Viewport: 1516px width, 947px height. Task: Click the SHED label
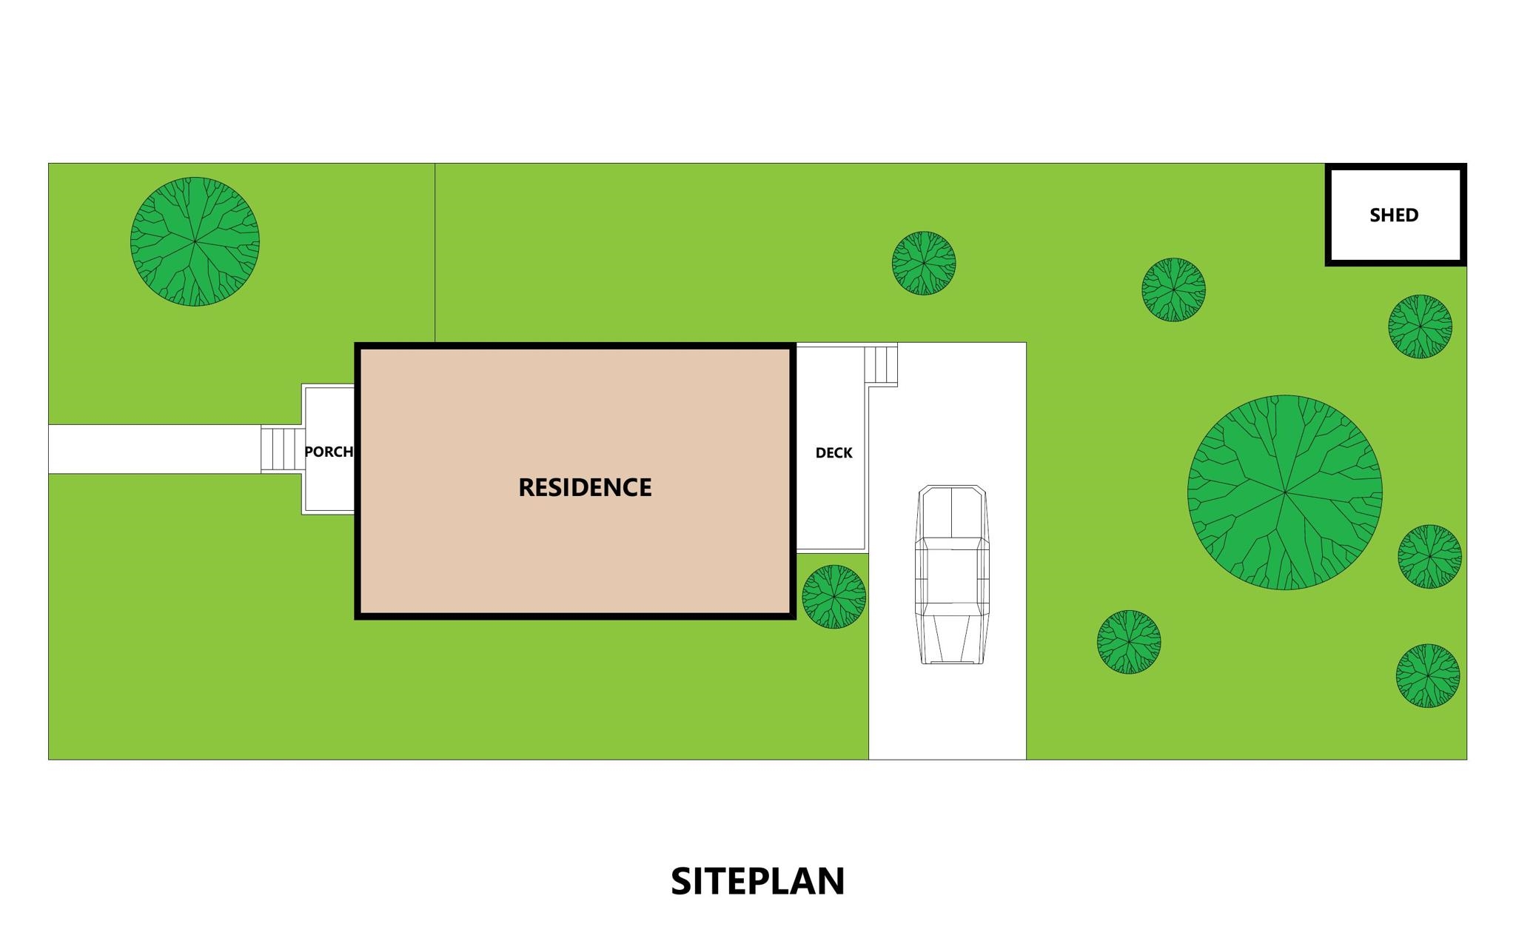[x=1394, y=215]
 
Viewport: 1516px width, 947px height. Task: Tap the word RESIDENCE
[x=585, y=487]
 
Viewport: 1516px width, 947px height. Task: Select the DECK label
[x=834, y=452]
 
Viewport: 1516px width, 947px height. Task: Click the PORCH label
[x=329, y=451]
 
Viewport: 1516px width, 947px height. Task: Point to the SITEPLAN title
[x=758, y=881]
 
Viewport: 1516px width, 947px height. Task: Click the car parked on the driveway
[x=952, y=575]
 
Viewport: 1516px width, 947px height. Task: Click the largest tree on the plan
[x=1285, y=492]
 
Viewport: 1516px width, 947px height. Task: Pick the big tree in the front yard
[x=195, y=241]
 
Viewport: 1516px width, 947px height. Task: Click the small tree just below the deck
[x=834, y=597]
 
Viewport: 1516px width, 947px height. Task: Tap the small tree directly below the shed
[x=1420, y=327]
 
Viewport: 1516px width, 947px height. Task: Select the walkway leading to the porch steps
[x=155, y=449]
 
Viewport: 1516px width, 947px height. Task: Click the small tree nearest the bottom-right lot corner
[x=1428, y=676]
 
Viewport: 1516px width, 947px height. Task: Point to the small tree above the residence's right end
[x=924, y=264]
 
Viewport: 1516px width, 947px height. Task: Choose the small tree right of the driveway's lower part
[x=1129, y=642]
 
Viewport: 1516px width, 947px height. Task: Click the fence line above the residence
[x=435, y=252]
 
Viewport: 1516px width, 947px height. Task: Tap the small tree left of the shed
[x=1173, y=290]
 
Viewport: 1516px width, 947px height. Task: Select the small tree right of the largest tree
[x=1430, y=557]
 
